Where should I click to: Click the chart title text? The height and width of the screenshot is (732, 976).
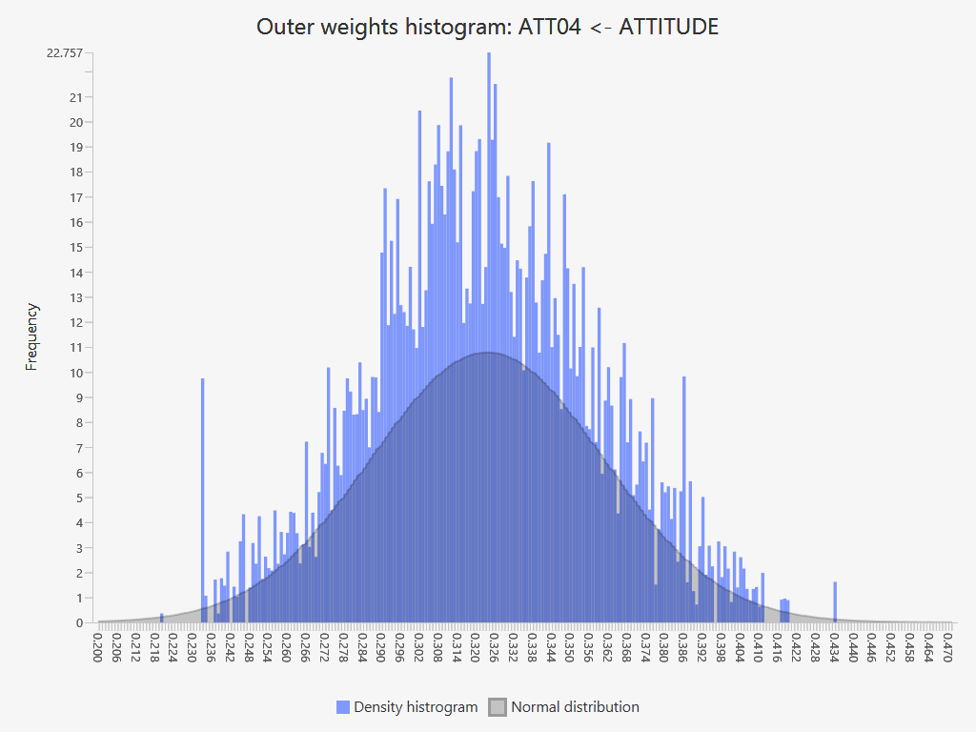tap(487, 27)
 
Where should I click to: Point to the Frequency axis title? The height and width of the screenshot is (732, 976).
tap(32, 336)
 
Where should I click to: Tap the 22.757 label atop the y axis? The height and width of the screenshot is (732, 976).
tap(64, 52)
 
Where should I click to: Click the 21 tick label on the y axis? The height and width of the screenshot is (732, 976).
tap(75, 97)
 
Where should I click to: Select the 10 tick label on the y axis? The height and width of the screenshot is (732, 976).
tap(75, 373)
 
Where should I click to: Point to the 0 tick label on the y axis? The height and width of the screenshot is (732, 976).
tap(78, 622)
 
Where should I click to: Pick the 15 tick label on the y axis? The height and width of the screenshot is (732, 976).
tap(75, 247)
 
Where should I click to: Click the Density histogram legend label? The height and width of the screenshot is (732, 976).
tap(416, 707)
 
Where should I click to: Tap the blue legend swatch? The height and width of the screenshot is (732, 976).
tap(343, 707)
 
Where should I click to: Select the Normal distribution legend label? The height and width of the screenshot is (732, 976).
tap(575, 707)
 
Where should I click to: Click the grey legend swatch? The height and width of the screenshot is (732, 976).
tap(497, 707)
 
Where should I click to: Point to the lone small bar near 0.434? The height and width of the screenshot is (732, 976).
tap(835, 601)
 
